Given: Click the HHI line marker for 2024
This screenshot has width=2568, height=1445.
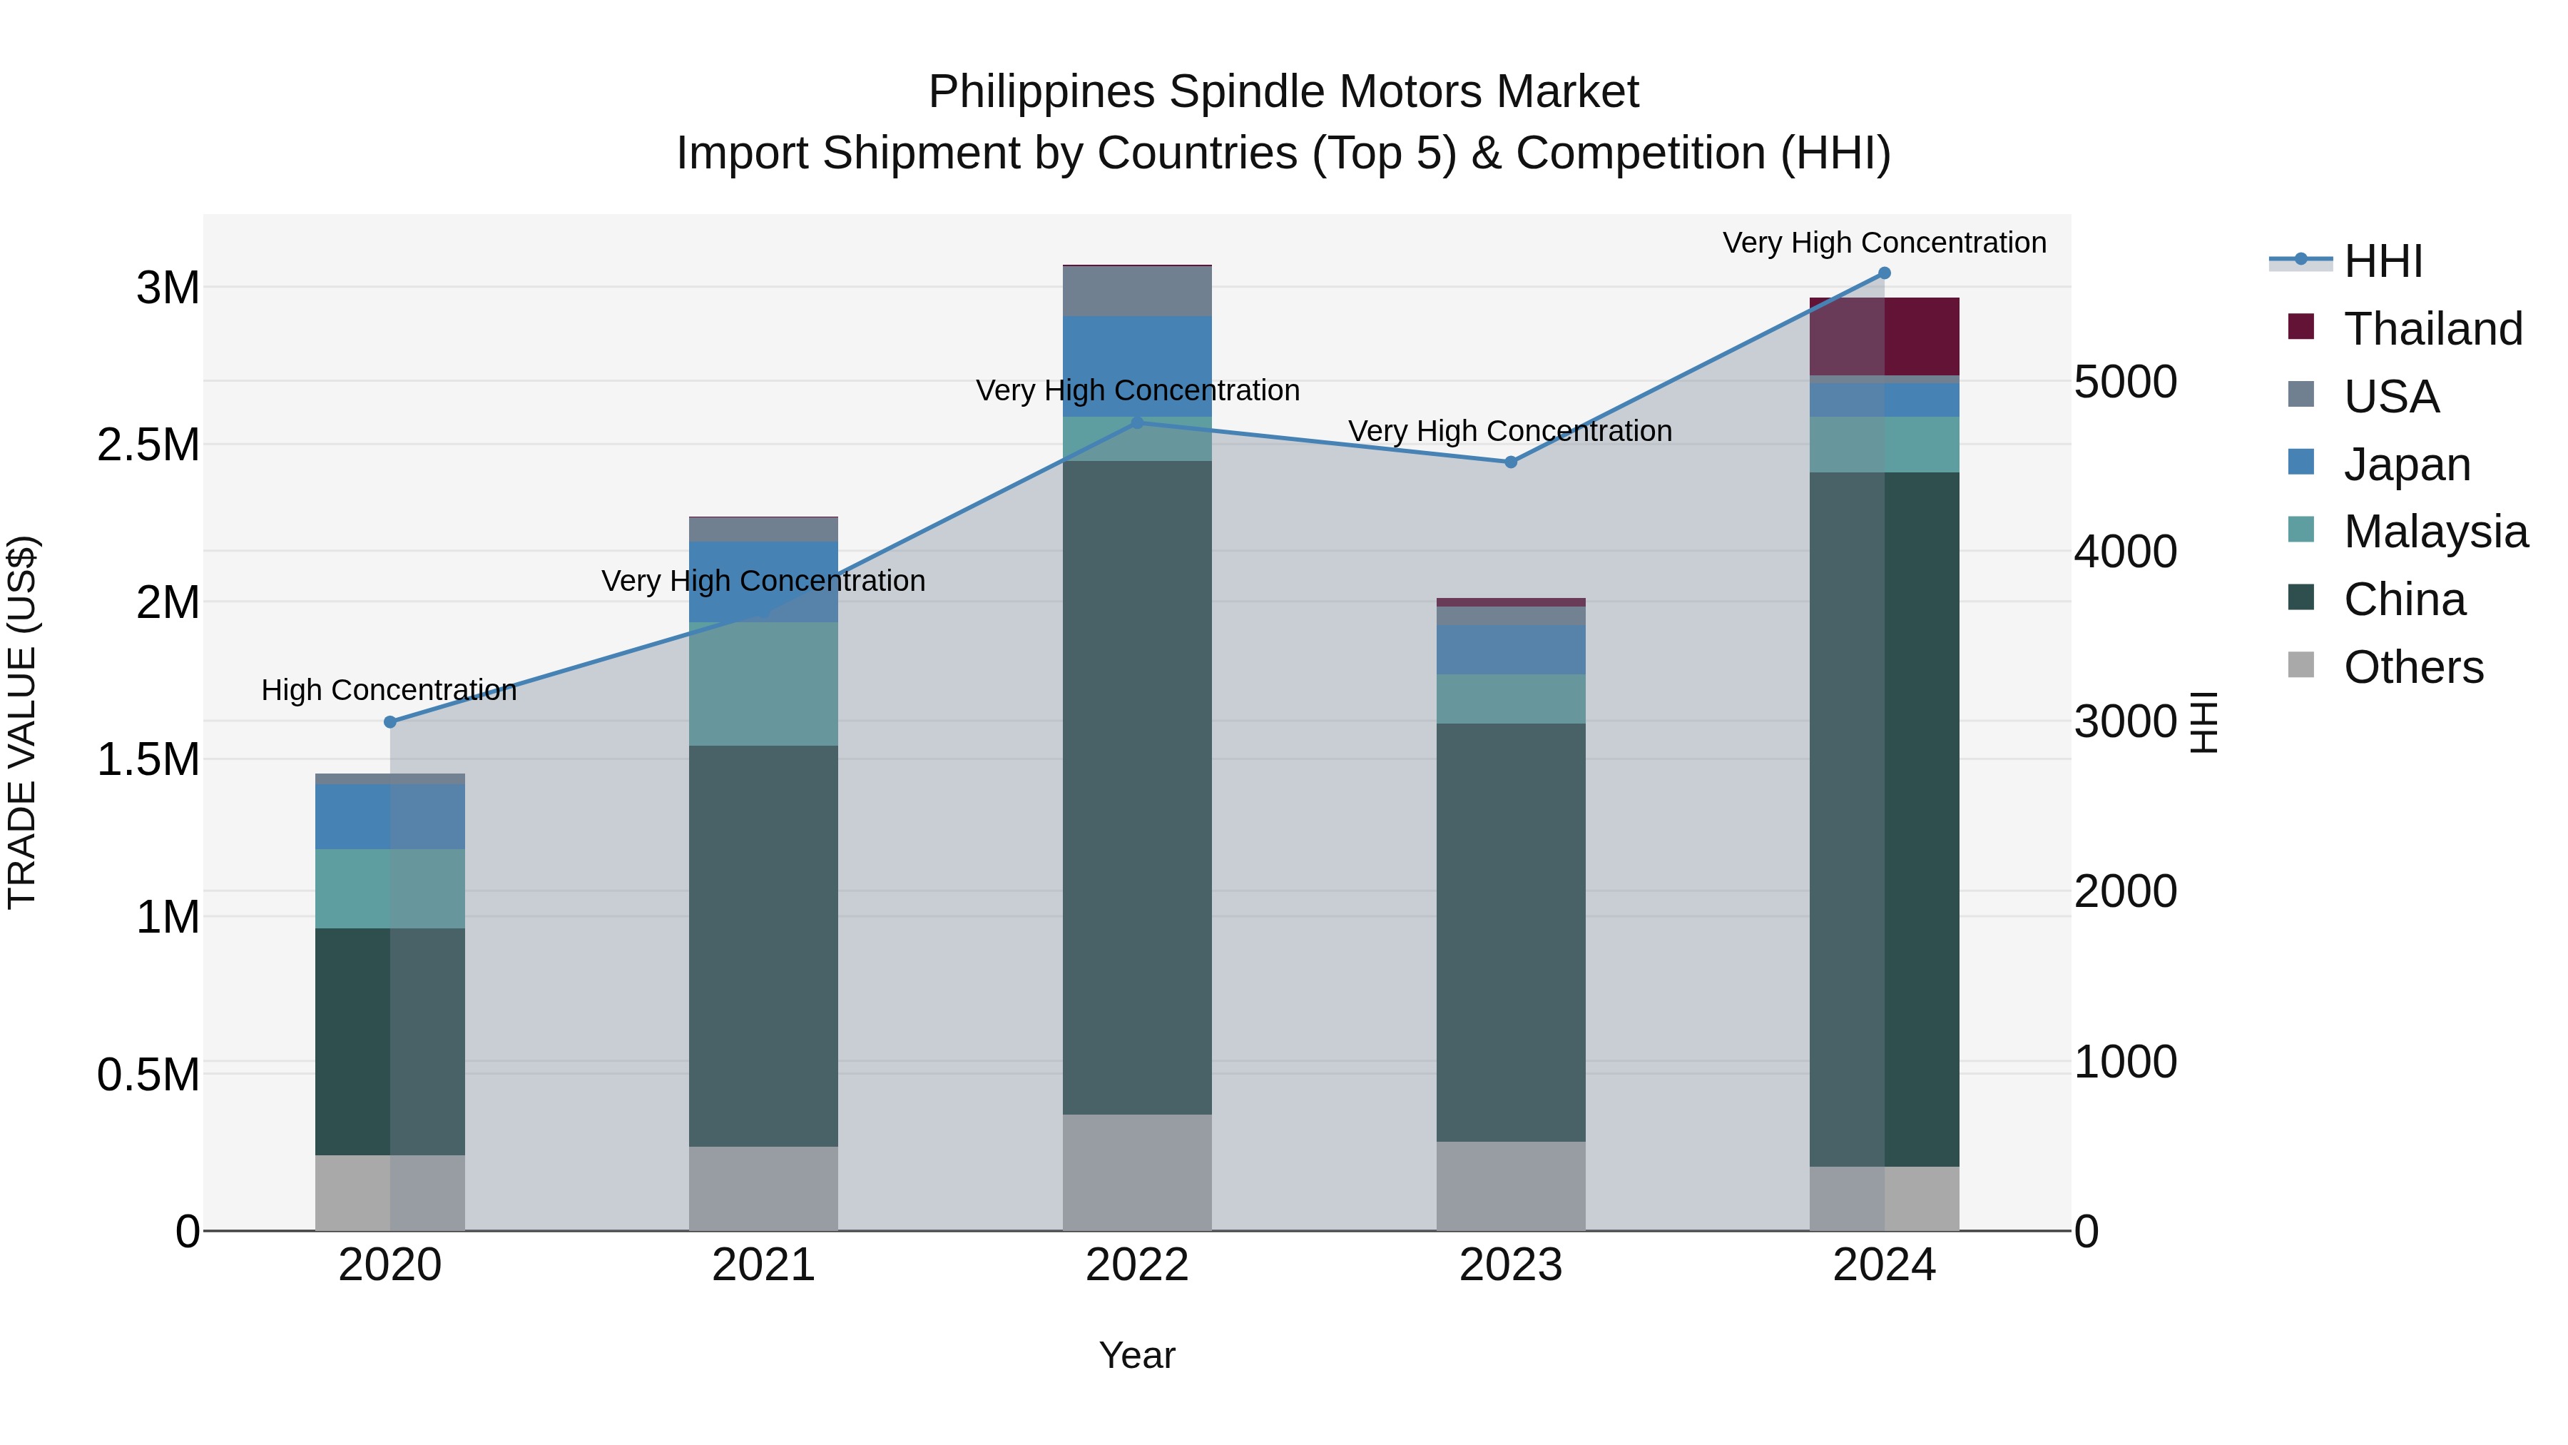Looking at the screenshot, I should (1884, 273).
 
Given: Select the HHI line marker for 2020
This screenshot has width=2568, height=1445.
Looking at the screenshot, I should (389, 722).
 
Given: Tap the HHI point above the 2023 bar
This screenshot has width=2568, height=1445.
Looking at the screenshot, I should (1510, 462).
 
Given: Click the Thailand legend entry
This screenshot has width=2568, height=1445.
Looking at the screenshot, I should (2432, 329).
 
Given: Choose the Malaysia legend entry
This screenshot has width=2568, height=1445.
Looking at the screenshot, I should (2435, 532).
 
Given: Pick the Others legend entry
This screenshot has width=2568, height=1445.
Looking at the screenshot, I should (2412, 667).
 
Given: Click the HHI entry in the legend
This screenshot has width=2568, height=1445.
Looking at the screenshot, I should (2382, 261).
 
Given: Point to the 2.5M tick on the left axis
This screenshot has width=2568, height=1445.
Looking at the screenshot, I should (148, 445).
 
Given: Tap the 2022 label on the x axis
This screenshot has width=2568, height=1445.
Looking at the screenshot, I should (1136, 1265).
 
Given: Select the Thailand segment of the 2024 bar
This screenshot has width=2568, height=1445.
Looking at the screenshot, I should (1884, 336).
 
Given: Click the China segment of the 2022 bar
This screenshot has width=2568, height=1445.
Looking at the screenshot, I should (1136, 788).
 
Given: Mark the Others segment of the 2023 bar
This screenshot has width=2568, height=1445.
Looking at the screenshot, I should (1510, 1186).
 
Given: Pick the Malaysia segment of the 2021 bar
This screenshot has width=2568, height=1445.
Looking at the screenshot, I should (763, 684).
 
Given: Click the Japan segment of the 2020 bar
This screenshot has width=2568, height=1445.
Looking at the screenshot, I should (389, 817).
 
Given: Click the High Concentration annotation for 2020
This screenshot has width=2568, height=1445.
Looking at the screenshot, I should (389, 690).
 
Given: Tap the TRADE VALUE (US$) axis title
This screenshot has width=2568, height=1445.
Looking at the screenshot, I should (23, 722).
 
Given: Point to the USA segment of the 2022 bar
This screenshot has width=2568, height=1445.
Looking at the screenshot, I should (1136, 291).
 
